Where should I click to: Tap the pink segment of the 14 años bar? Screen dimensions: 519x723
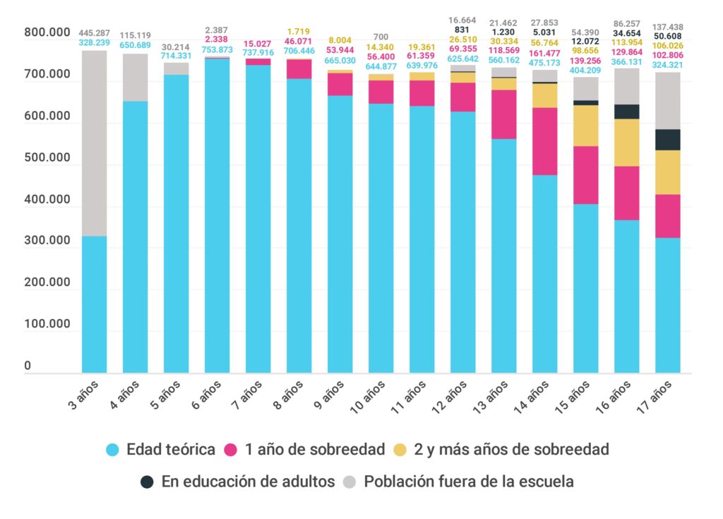point(545,141)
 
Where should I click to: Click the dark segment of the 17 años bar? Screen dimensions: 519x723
point(668,140)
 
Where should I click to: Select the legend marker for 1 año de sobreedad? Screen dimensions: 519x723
point(230,449)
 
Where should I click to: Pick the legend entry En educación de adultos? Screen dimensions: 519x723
point(247,482)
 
